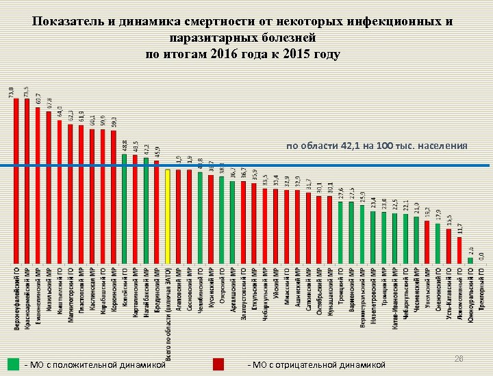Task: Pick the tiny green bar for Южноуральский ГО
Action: [x=470, y=260]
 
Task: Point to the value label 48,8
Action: [x=125, y=146]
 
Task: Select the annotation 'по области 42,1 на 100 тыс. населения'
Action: [x=377, y=146]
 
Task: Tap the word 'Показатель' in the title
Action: [x=68, y=21]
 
